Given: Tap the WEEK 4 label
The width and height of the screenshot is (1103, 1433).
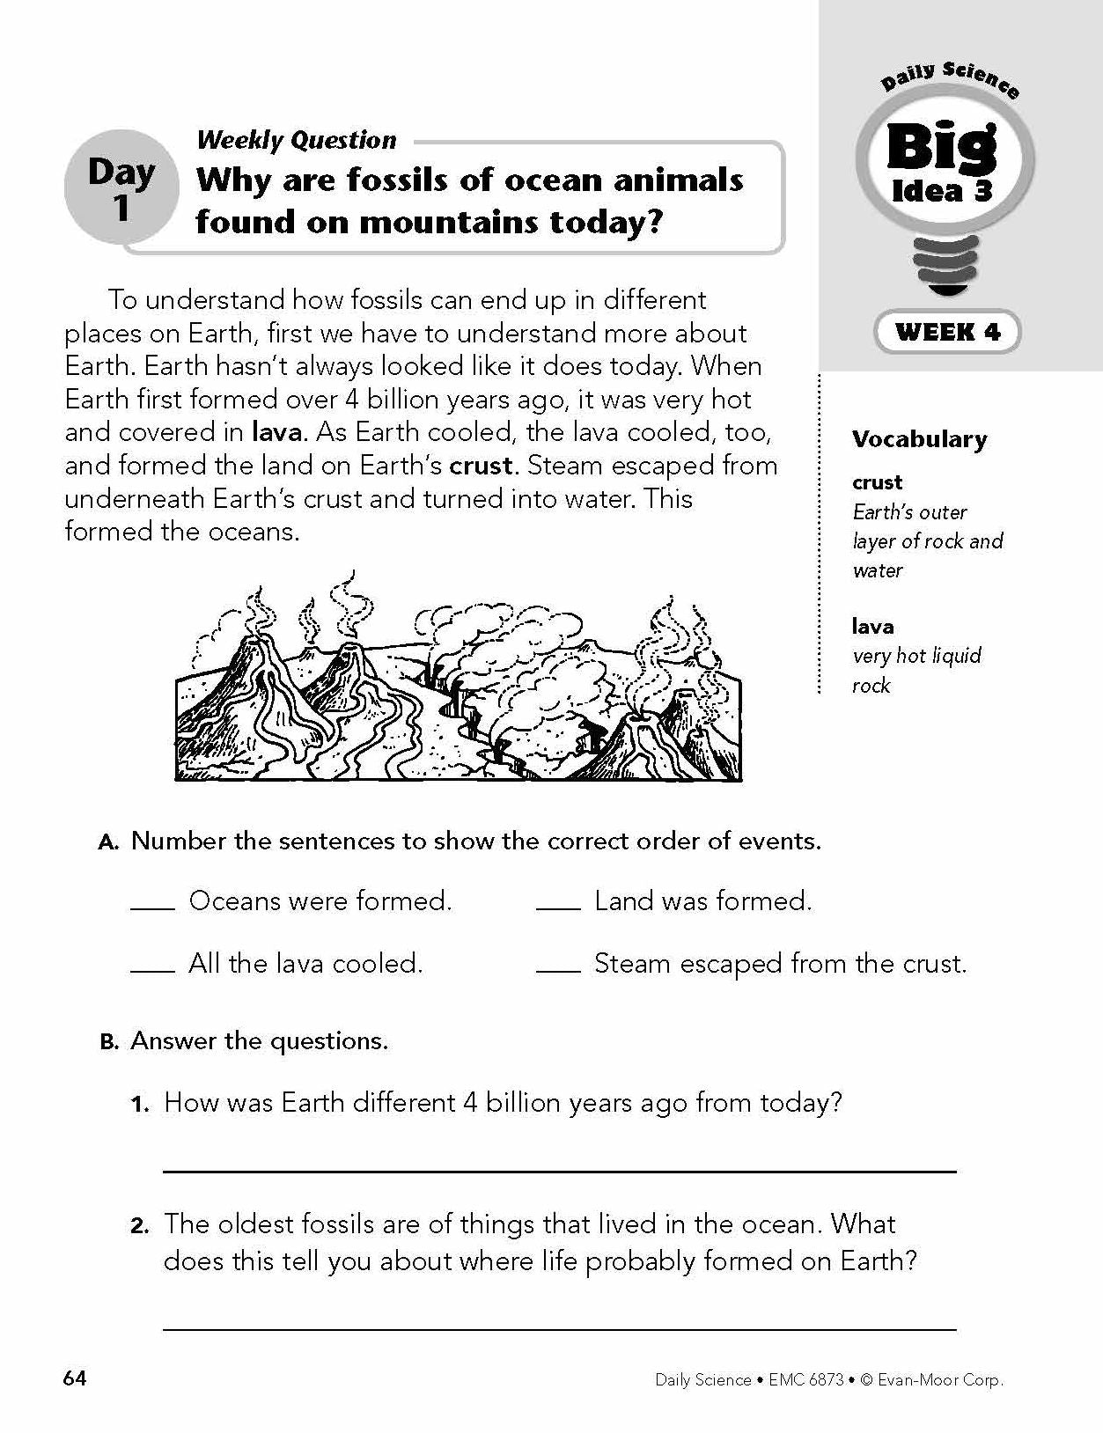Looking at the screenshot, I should [x=947, y=332].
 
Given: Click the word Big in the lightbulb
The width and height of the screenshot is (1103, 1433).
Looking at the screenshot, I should [x=940, y=148].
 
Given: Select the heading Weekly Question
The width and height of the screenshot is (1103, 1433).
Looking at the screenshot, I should [x=297, y=140].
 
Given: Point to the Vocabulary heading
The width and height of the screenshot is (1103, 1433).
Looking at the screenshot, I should [x=919, y=439].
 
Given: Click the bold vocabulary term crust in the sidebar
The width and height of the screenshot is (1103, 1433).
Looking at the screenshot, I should [x=877, y=482].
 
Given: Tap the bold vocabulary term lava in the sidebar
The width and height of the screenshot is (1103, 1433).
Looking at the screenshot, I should [x=872, y=627].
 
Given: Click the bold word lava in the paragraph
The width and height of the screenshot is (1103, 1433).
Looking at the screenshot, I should [x=278, y=432].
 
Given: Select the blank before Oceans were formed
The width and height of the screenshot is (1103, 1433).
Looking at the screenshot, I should [x=153, y=907].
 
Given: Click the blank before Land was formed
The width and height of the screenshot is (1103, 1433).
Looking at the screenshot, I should [x=558, y=907].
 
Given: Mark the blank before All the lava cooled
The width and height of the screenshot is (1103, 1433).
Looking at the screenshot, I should [x=153, y=969].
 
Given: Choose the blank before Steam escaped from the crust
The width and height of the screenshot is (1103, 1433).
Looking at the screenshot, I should [x=558, y=969].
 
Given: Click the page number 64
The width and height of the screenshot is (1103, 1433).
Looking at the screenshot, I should [x=75, y=1378].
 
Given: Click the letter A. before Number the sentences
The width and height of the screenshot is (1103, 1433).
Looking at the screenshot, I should [x=109, y=842].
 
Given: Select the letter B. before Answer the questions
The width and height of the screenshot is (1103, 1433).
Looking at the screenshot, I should [x=109, y=1042].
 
